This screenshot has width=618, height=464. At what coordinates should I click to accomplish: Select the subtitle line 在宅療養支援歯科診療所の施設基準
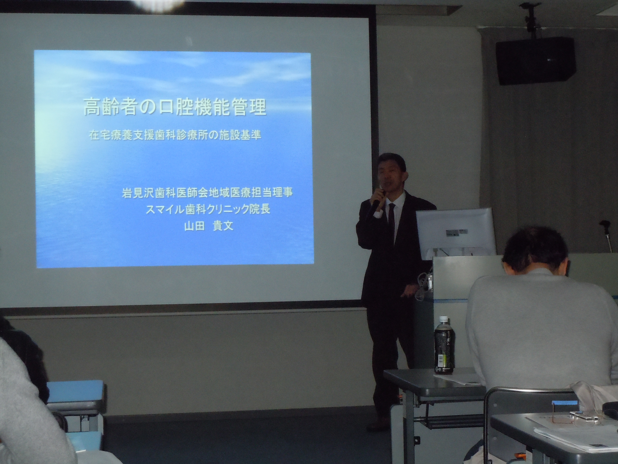(x=175, y=136)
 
